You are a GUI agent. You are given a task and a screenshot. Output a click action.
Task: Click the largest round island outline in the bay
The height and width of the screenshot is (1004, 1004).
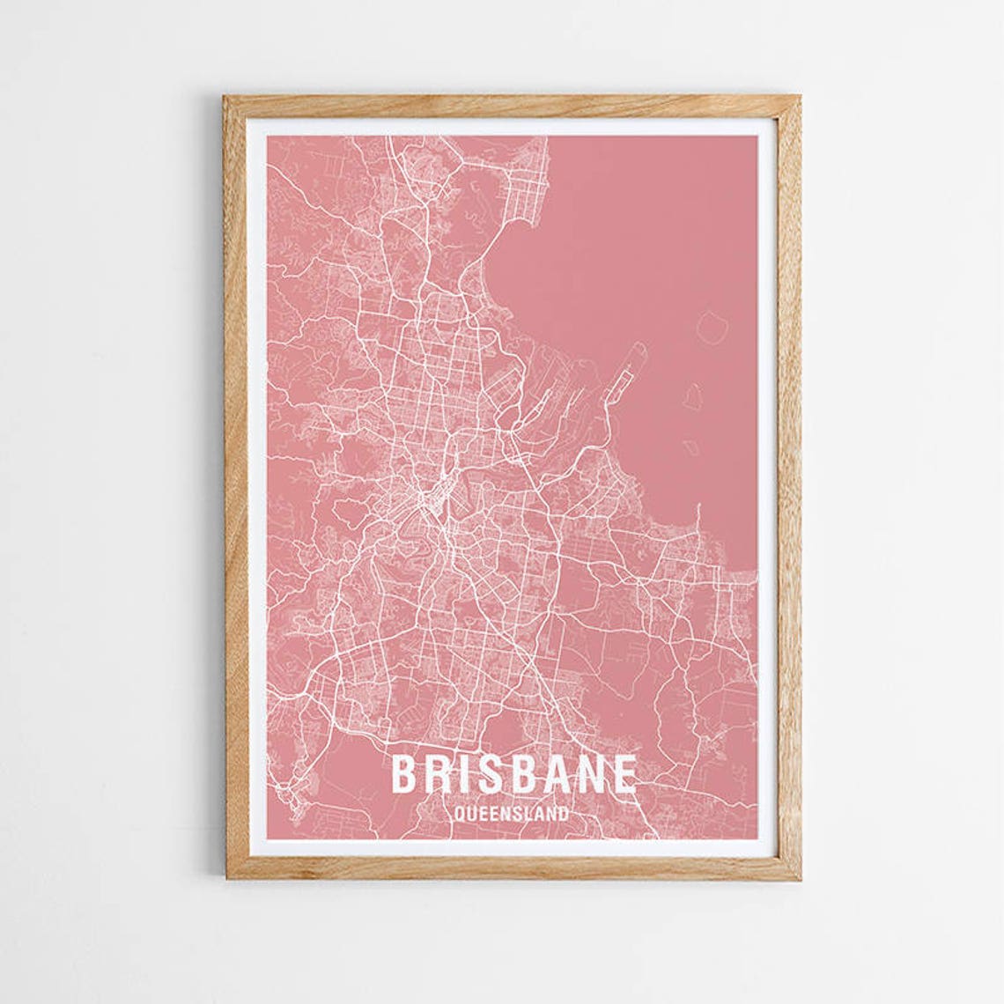point(712,328)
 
